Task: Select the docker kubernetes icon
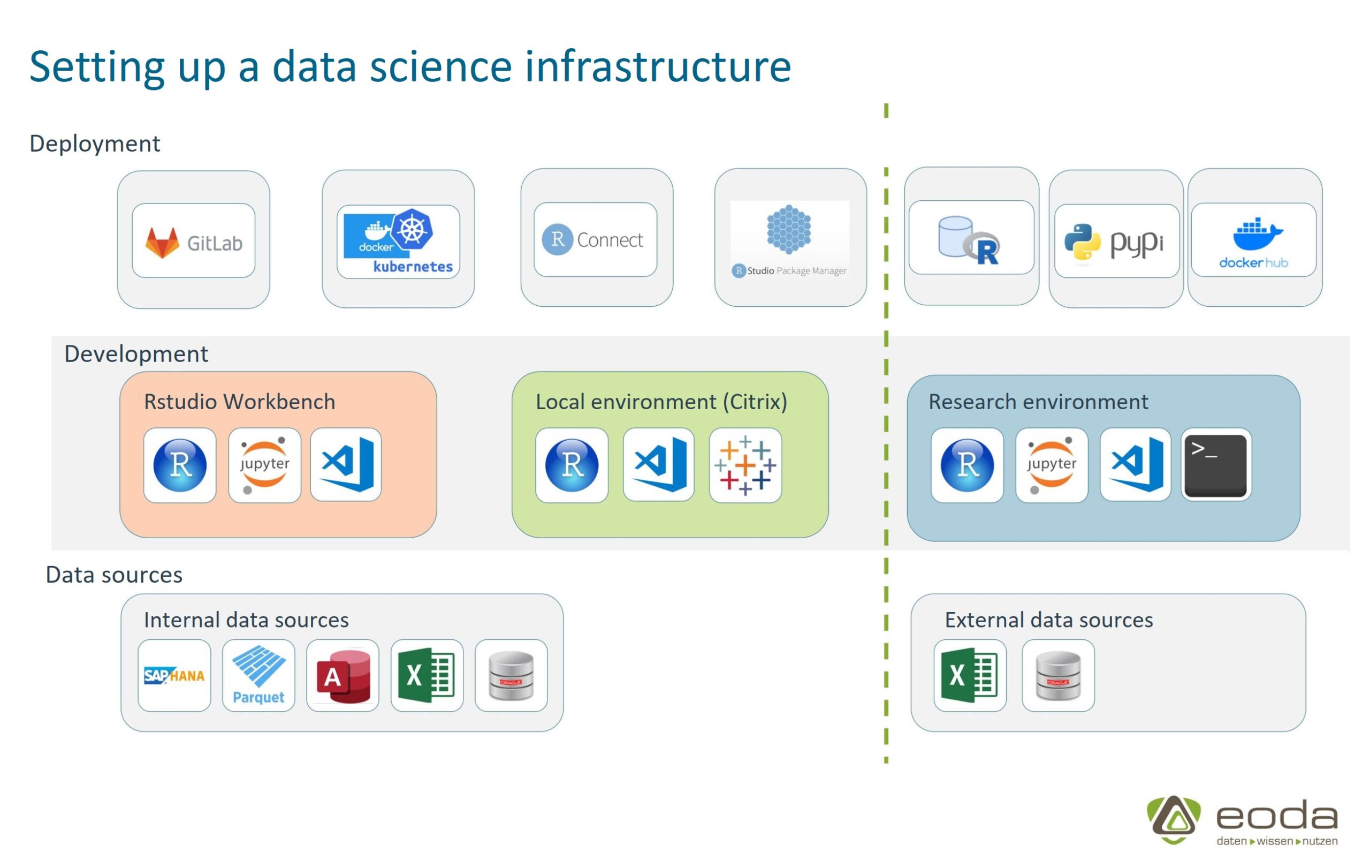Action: click(x=398, y=241)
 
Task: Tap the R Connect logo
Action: click(x=595, y=240)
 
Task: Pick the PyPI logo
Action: click(x=1116, y=241)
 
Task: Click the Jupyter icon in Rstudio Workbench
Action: click(x=264, y=465)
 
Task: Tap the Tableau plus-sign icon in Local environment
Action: click(x=745, y=465)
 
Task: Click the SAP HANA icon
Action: click(x=174, y=676)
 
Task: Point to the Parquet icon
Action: click(x=259, y=676)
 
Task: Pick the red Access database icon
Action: click(x=342, y=676)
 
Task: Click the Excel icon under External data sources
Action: click(x=970, y=676)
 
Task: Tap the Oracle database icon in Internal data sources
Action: click(x=511, y=676)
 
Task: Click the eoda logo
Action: click(x=1242, y=821)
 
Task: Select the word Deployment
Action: click(x=94, y=144)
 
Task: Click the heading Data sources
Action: click(x=114, y=575)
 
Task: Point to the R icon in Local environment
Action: click(x=572, y=465)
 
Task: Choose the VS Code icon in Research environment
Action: click(x=1135, y=465)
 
